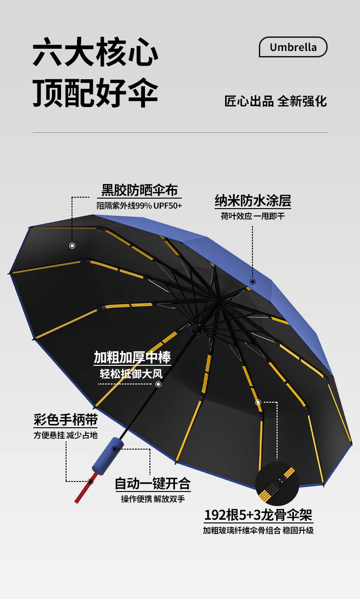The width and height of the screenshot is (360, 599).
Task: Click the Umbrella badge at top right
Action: (x=293, y=47)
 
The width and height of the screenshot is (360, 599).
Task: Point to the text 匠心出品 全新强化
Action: (x=276, y=101)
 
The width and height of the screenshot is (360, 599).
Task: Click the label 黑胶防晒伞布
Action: (x=139, y=190)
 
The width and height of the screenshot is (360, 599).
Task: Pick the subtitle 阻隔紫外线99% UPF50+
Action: (x=139, y=205)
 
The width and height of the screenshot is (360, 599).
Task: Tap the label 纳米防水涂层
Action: (x=253, y=200)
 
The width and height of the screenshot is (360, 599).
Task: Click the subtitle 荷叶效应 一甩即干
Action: (x=253, y=216)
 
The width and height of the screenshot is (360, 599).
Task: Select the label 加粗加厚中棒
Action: (x=133, y=357)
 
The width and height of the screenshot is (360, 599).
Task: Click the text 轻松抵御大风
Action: (x=132, y=374)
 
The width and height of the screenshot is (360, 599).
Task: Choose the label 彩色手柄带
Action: (x=66, y=419)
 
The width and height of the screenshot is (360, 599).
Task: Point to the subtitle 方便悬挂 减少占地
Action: (x=66, y=435)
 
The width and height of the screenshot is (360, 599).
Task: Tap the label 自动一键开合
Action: (x=153, y=483)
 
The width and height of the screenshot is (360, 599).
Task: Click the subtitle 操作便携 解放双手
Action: (x=153, y=499)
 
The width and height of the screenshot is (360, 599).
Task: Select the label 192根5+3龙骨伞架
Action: (x=258, y=515)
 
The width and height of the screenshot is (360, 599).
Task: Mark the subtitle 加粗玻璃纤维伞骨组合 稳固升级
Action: (x=258, y=530)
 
